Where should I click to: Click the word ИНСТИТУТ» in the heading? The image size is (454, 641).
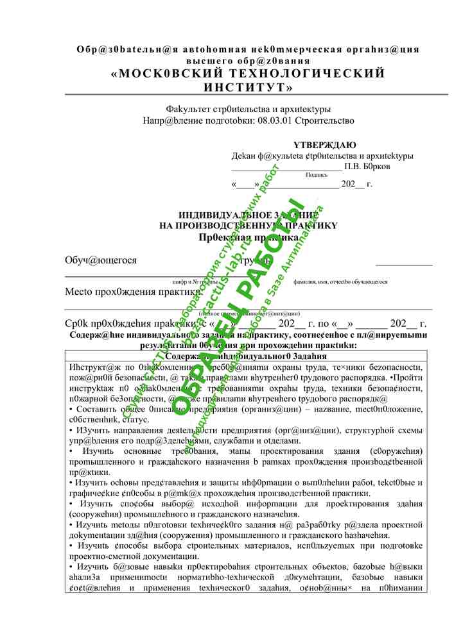pyautogui.click(x=248, y=87)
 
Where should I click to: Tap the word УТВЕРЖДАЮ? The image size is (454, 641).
pyautogui.click(x=324, y=146)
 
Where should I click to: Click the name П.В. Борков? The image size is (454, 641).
pyautogui.click(x=367, y=166)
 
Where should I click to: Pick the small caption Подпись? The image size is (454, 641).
pyautogui.click(x=316, y=174)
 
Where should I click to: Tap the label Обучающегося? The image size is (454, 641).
pyautogui.click(x=101, y=260)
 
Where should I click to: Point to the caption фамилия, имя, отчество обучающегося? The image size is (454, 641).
pyautogui.click(x=340, y=281)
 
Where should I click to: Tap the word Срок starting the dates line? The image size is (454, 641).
pyautogui.click(x=78, y=323)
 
